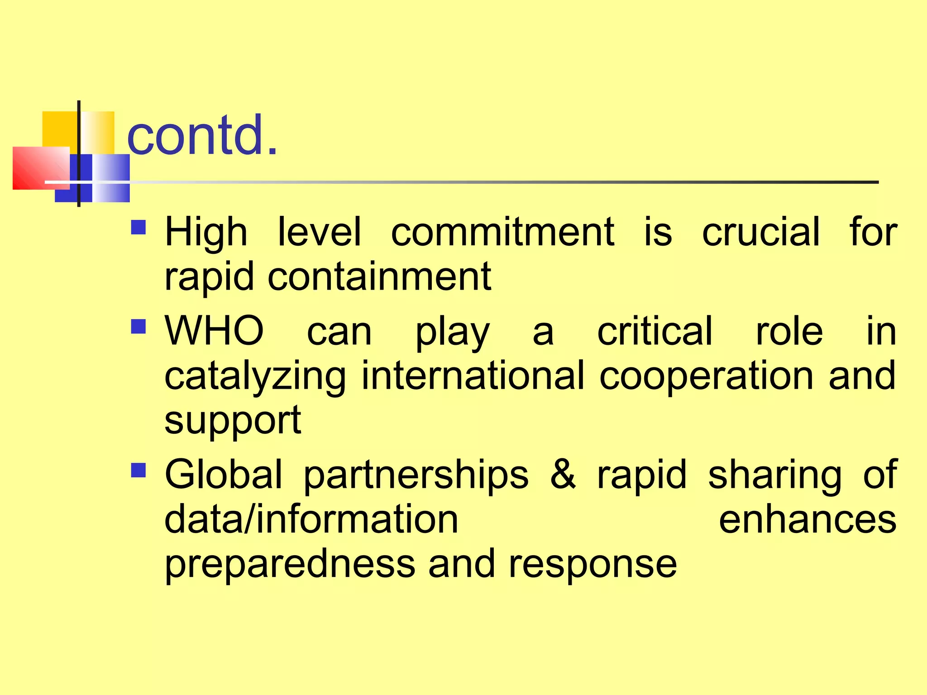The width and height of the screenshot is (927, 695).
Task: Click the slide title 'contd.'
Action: [202, 135]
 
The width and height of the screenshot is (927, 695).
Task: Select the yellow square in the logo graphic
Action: [59, 129]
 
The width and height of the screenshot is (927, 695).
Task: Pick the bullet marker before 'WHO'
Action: [139, 326]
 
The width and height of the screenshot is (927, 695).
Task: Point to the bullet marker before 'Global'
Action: [139, 470]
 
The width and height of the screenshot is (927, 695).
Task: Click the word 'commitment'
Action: [502, 232]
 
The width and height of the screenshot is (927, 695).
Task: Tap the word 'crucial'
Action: [760, 232]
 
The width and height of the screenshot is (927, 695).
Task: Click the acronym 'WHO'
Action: [214, 331]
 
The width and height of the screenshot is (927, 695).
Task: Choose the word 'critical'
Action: [655, 331]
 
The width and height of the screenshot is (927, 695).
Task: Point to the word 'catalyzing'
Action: [255, 376]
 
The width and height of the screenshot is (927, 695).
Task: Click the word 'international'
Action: [473, 376]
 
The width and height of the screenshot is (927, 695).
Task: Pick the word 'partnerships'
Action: [416, 475]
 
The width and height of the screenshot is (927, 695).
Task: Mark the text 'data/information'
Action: [311, 519]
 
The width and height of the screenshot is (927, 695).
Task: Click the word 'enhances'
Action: [808, 519]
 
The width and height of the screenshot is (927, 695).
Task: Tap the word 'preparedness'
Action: [290, 565]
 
